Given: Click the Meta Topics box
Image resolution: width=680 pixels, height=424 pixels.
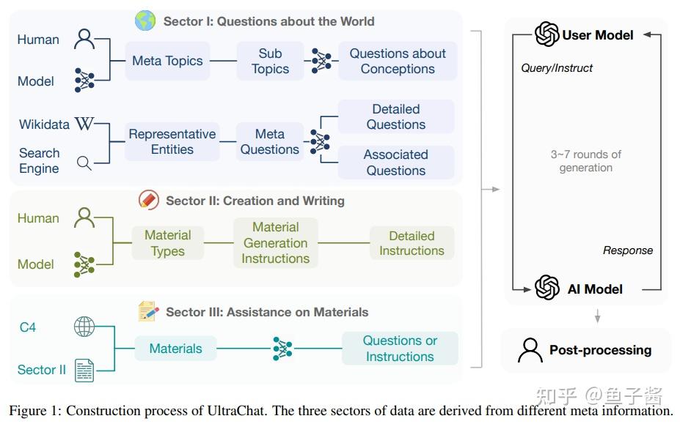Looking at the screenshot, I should (167, 61).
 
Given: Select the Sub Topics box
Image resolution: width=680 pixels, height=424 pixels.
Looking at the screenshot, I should (270, 61).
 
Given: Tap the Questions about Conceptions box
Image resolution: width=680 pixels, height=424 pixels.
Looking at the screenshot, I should (398, 61).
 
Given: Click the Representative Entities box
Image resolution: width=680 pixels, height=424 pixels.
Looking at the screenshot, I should (172, 141).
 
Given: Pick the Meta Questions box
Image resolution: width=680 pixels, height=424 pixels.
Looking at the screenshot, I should (269, 141).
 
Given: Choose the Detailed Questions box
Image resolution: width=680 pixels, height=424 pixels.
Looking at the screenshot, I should (396, 116).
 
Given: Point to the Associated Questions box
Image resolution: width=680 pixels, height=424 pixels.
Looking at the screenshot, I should (396, 162).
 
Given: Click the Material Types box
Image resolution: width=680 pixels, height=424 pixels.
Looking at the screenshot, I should (167, 242).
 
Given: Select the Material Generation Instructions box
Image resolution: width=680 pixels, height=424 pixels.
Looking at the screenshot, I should (275, 242).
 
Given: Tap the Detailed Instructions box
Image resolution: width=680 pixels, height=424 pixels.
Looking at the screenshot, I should (412, 242).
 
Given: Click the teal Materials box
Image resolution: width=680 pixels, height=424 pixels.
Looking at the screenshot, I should (175, 349).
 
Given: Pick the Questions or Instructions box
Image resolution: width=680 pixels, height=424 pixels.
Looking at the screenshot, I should (400, 349).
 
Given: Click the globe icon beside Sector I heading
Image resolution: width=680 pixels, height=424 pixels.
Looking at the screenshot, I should (145, 21).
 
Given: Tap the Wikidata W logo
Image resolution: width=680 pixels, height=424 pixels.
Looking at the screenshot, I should (84, 124).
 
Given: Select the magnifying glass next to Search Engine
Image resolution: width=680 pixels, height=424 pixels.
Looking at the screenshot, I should (84, 163).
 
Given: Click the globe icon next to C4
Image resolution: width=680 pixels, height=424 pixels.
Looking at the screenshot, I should (84, 327).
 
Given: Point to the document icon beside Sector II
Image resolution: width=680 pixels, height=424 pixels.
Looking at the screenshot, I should (84, 370).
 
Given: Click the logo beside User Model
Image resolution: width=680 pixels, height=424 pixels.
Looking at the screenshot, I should (546, 34).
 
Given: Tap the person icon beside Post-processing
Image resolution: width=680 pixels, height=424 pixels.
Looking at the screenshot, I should (530, 350).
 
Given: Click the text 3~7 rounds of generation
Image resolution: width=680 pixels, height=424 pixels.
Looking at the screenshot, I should (585, 160).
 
